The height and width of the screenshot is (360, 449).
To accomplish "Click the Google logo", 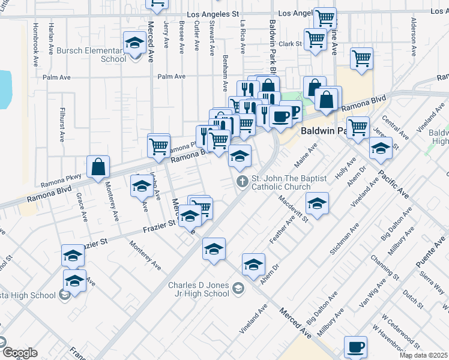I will pos(19,353).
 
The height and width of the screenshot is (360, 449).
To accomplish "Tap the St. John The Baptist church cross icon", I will pos(243,181).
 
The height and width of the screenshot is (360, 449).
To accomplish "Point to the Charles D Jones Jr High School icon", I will pos(238,290).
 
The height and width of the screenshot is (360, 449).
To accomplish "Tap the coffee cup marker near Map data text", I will pos(355,347).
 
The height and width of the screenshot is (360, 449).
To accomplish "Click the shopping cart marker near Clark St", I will pos(315,40).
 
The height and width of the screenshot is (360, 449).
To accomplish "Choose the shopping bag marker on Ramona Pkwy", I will pos(98,167).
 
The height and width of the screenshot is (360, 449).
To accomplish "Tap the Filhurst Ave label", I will pos(62,124).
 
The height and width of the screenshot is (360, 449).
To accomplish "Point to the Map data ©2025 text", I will pos(424,355).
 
